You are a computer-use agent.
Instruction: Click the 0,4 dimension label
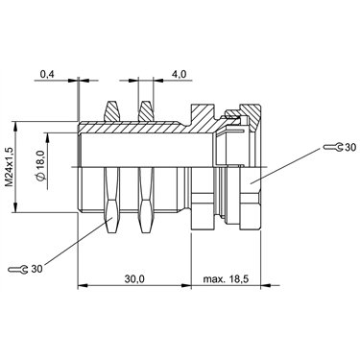click(48, 74)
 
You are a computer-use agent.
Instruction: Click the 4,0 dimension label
click(179, 74)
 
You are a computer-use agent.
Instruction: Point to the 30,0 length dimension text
click(134, 279)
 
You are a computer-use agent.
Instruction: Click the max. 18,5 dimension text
click(226, 279)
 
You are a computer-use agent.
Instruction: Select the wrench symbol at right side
click(333, 147)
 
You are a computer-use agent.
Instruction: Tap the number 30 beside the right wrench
click(349, 147)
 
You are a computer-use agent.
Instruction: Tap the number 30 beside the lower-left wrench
click(36, 269)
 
